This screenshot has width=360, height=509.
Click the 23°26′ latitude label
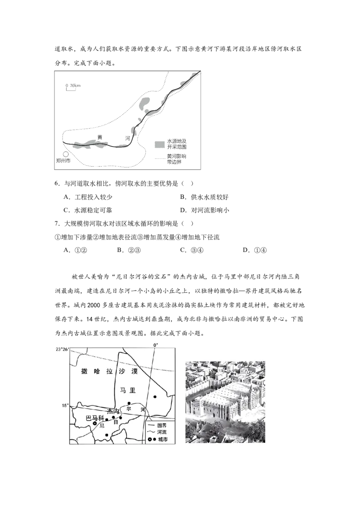coord(62,349)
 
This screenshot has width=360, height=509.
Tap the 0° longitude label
coord(156,345)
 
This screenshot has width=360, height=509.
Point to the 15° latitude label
coord(65,406)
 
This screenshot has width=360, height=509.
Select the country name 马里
coord(128,391)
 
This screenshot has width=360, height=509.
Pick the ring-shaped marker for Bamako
coord(94,423)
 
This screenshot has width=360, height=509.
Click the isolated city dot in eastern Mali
coord(155,397)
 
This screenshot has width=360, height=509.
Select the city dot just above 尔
coord(129,403)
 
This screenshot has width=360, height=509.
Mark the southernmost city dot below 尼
coord(106,435)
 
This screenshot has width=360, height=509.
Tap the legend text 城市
coord(162,439)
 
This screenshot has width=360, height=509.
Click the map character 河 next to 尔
coord(142,410)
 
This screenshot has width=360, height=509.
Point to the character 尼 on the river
coord(102,425)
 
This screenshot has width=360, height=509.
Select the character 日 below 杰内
coord(116,422)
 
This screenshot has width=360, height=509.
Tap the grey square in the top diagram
coord(160,145)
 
